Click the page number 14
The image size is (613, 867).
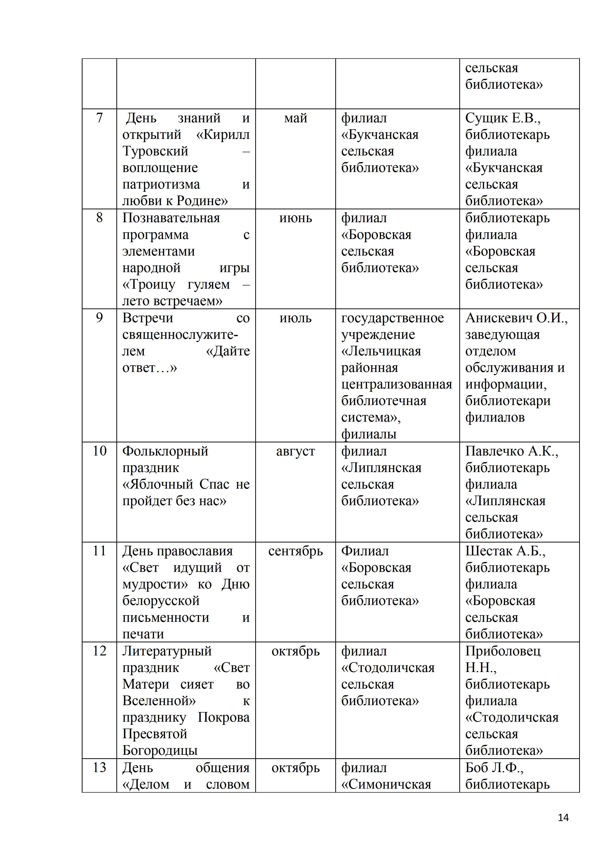[563, 818]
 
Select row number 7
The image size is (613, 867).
[99, 118]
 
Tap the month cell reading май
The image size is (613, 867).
[296, 118]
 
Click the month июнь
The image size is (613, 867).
[296, 218]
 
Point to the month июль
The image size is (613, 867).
[296, 318]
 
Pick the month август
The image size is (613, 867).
[296, 451]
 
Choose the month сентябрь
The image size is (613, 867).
[296, 551]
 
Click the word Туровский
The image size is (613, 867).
[155, 152]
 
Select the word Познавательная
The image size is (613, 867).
[171, 218]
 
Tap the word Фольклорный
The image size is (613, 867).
[165, 451]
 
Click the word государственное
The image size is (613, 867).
[393, 318]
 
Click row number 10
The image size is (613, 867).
[99, 451]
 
